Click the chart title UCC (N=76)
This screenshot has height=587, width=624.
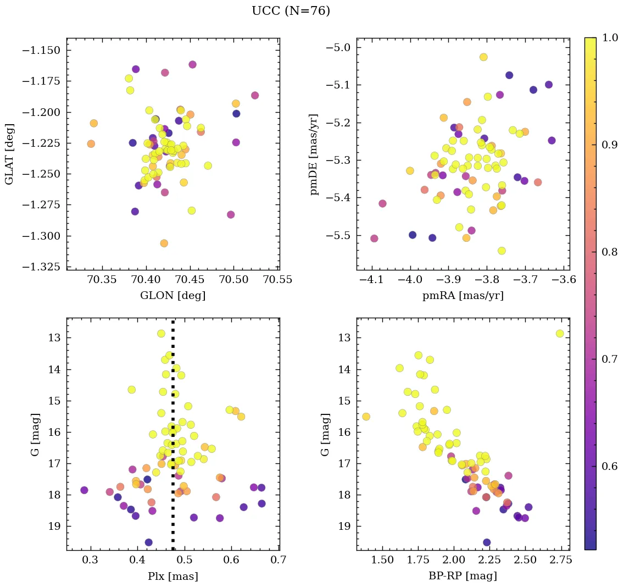click(x=291, y=11)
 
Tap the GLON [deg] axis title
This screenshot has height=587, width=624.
click(x=173, y=296)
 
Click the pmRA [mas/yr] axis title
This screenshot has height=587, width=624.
click(x=463, y=296)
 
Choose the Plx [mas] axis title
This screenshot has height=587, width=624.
click(x=173, y=577)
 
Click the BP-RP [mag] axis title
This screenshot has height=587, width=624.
click(x=463, y=577)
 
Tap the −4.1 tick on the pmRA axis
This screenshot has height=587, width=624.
click(x=371, y=281)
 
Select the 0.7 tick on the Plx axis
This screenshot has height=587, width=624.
click(x=278, y=561)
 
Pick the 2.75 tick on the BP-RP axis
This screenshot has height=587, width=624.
click(x=560, y=561)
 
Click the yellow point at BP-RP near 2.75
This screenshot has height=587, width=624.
click(x=560, y=334)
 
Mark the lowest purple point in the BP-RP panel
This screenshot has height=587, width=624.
click(x=487, y=542)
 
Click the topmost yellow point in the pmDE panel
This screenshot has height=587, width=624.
click(x=483, y=57)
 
